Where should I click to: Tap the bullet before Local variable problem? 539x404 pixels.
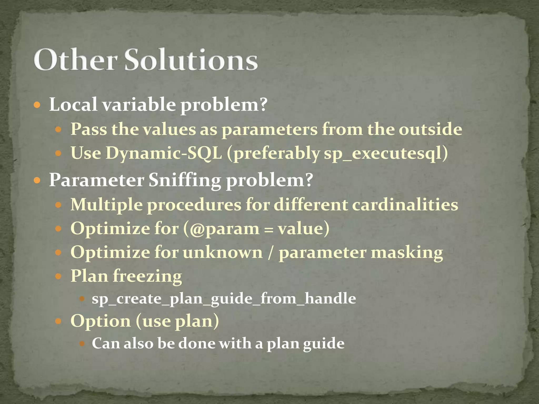37,105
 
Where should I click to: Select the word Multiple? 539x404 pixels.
107,205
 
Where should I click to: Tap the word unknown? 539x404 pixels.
223,252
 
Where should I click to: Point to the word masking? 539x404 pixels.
407,253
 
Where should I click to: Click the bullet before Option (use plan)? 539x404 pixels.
58,321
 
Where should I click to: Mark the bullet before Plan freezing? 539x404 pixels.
58,276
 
